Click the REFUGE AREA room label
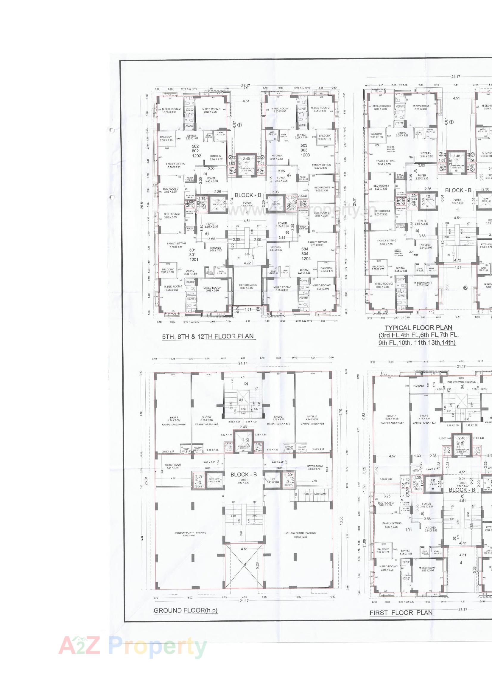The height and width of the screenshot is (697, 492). [248, 286]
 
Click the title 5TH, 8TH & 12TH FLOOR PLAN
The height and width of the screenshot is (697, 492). [208, 336]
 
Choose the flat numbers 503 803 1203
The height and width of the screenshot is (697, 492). [304, 150]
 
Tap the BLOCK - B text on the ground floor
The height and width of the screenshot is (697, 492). [244, 474]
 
